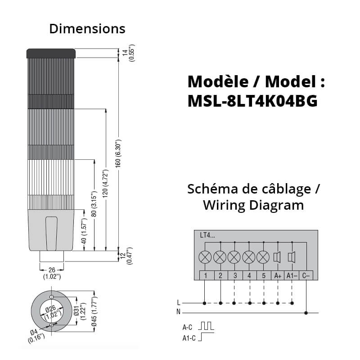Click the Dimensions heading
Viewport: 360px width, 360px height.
(87, 29)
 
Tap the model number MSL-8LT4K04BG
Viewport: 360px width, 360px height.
(252, 101)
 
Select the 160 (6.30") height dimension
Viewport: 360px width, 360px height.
(118, 153)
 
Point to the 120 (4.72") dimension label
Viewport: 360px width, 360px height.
(106, 184)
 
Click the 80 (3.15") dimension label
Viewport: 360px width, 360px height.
(94, 204)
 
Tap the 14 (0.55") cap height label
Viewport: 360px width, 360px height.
(128, 53)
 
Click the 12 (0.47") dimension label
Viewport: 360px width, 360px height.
(126, 256)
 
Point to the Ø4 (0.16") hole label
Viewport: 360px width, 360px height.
(36, 335)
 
